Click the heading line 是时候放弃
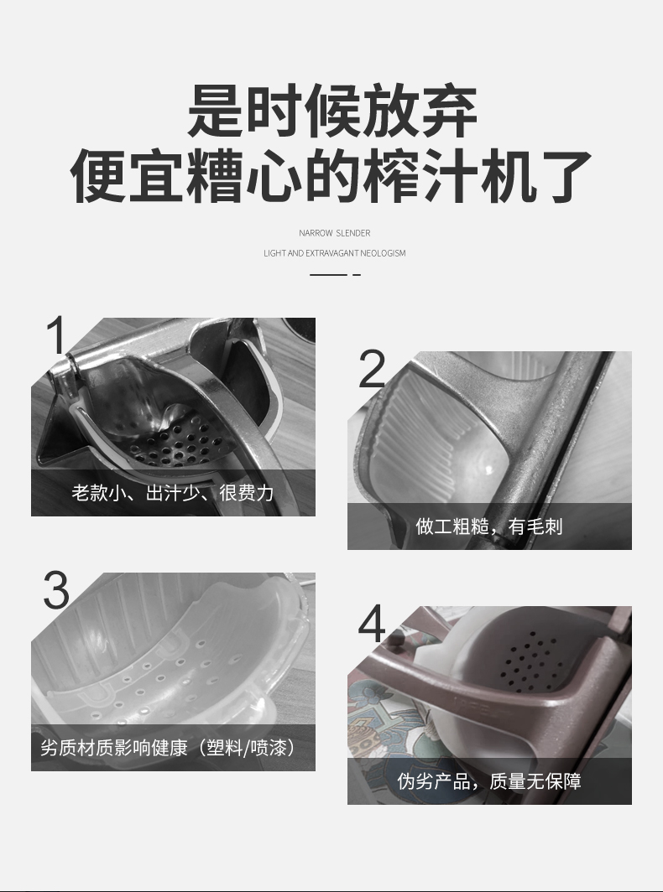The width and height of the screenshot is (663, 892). click(332, 111)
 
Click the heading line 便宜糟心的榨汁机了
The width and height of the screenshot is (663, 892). click(331, 176)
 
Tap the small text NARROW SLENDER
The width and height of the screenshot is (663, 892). click(334, 233)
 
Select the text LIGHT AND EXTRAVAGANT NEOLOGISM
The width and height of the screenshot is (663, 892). click(334, 253)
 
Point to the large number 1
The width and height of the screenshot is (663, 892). click(57, 335)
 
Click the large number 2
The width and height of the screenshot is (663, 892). click(372, 369)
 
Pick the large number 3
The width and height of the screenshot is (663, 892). click(56, 590)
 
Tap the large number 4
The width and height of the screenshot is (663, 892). click(372, 624)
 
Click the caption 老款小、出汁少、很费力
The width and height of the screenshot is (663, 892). click(173, 493)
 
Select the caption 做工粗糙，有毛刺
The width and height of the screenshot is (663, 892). click(489, 526)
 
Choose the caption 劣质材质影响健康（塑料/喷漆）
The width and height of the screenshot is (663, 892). click(170, 748)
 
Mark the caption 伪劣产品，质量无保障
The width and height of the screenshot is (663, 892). click(489, 781)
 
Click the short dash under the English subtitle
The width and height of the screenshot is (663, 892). click(357, 275)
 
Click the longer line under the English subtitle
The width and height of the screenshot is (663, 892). click(329, 275)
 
